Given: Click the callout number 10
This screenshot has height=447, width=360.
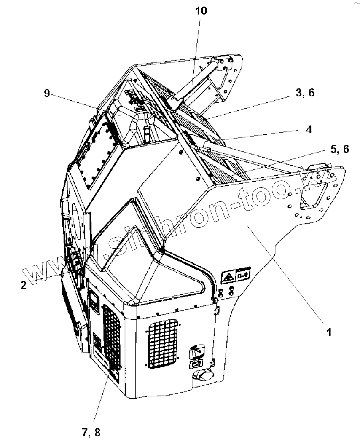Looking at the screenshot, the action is pos(201,11).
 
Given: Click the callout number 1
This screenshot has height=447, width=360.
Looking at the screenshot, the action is pos(329,332).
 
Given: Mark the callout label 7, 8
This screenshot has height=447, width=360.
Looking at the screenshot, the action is pos(91,432).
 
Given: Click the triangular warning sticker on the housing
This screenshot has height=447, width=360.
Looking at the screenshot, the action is pos(228,278).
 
